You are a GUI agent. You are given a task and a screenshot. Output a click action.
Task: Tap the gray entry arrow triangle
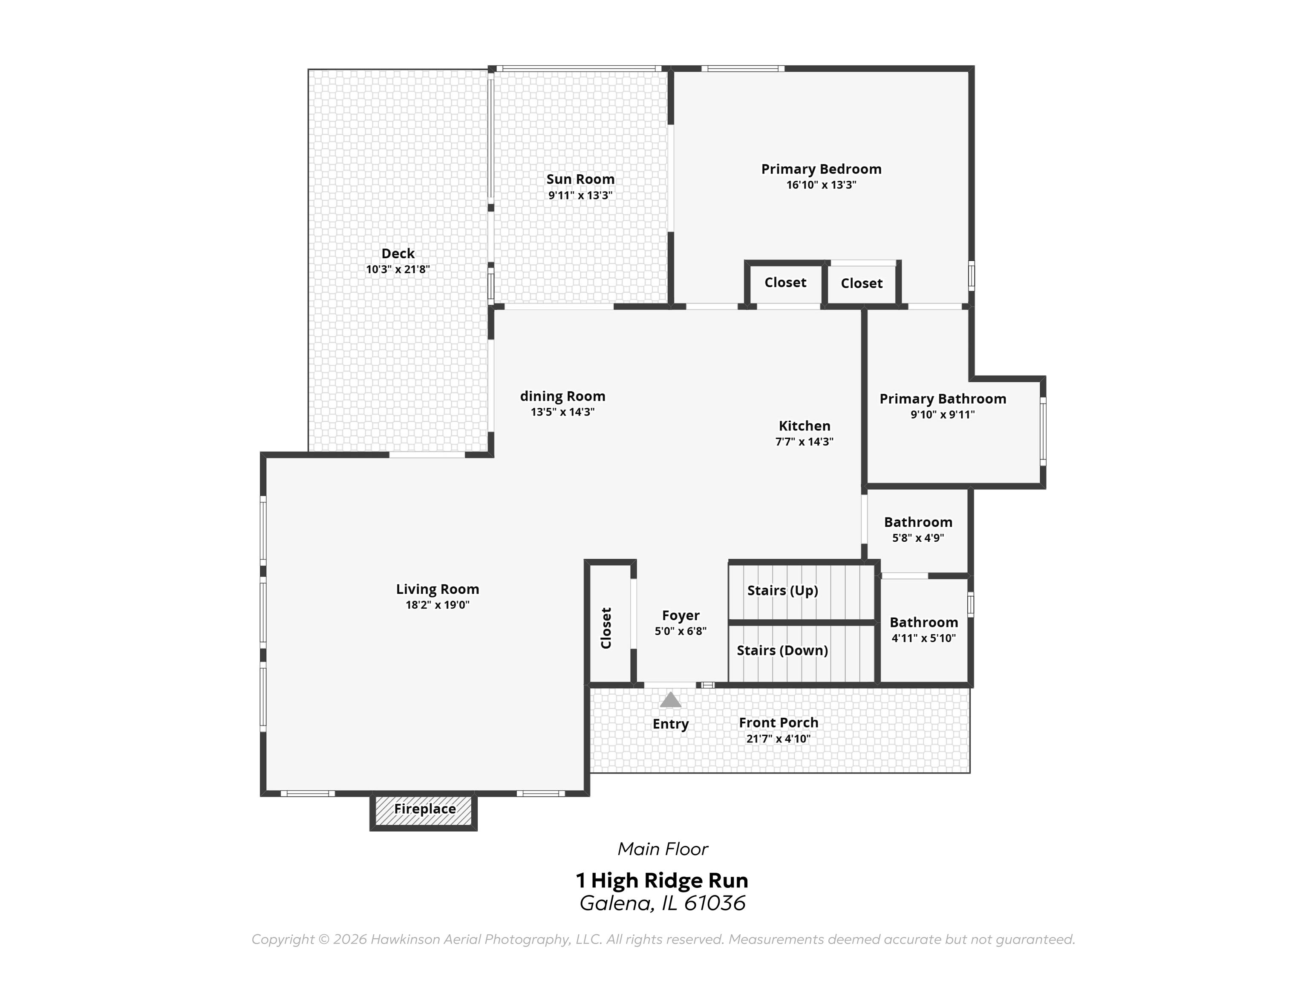coord(670,700)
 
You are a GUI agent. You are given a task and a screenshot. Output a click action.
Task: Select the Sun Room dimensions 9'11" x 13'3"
coord(580,195)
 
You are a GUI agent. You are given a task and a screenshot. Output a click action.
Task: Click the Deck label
coord(398,253)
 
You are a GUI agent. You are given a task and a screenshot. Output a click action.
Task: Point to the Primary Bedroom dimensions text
coord(821,185)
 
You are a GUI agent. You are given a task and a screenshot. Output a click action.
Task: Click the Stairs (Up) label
coord(782,590)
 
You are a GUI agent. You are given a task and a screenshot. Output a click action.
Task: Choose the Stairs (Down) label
coord(782,650)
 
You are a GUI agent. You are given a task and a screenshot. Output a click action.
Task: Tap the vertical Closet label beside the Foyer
coord(606,627)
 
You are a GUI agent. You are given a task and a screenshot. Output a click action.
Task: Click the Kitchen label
coord(804,426)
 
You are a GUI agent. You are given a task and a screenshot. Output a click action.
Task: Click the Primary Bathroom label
coord(942,399)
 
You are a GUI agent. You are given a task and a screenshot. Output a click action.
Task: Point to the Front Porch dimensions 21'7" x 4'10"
coord(778,739)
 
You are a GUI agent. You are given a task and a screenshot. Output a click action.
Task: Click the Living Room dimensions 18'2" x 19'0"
coord(437,605)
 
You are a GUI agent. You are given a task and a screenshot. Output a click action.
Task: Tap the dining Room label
coord(562,396)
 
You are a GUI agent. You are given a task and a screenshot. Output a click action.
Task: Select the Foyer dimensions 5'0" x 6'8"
coord(680,631)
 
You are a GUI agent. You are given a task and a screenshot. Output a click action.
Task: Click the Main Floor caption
coord(662,849)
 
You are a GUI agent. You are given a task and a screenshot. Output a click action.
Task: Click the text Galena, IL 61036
coord(662,903)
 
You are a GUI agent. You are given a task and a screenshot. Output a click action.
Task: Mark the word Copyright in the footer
coord(282,939)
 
